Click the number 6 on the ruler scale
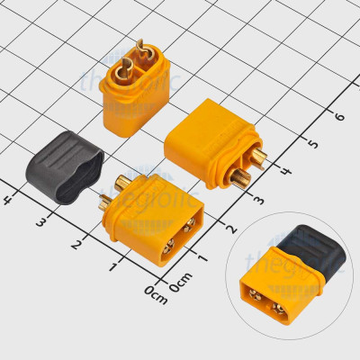point(339,115)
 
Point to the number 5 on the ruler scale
point(312,143)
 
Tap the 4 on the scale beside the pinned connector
point(285,171)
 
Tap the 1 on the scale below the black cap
point(114,266)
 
